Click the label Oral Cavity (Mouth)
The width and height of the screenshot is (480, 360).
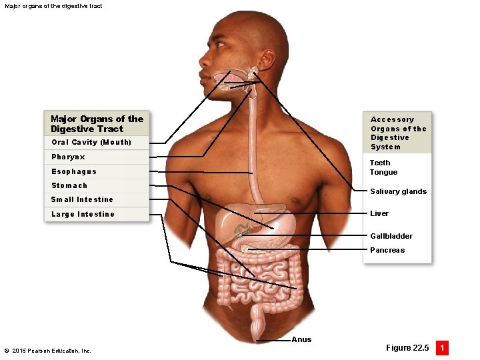point(91,142)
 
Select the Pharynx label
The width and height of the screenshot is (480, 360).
point(68,157)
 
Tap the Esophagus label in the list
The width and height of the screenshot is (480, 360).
point(74,171)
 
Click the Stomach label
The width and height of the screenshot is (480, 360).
point(69,185)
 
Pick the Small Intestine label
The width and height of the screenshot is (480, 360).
point(82,199)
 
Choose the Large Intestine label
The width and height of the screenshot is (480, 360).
point(83,214)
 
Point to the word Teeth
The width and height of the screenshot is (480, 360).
point(380,163)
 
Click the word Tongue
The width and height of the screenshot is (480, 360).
point(383,172)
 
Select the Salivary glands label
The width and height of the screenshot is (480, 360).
point(398,191)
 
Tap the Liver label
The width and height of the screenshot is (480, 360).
point(379,213)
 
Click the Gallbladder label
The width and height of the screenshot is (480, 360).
point(391,236)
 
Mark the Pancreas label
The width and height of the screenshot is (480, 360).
point(387,250)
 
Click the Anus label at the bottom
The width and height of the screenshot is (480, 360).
point(301,339)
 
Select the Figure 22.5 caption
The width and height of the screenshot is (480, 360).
point(407,348)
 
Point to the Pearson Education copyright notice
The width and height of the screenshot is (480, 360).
point(47,351)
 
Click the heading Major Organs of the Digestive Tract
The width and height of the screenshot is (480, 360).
point(97,123)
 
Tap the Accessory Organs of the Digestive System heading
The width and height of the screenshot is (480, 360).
point(398,133)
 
